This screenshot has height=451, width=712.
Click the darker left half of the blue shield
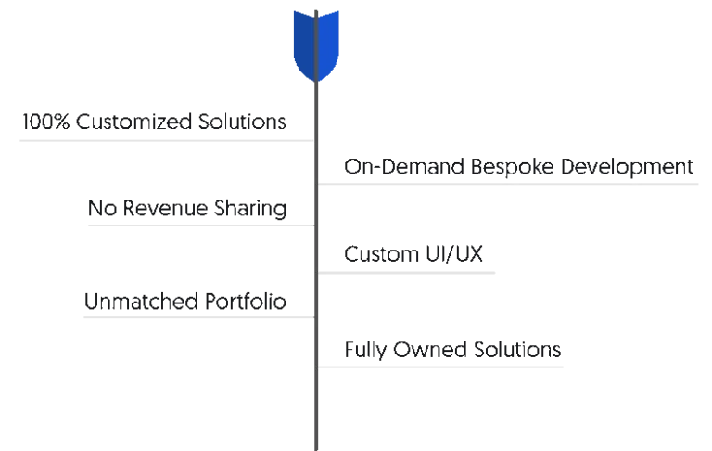pyautogui.click(x=302, y=42)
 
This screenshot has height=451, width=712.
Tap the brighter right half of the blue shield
pyautogui.click(x=328, y=42)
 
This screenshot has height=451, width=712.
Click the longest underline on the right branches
pyautogui.click(x=511, y=182)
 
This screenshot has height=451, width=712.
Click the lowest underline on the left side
pyautogui.click(x=197, y=316)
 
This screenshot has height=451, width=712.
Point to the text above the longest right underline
pyautogui.click(x=518, y=166)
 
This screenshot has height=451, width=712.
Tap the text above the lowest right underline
pyautogui.click(x=451, y=352)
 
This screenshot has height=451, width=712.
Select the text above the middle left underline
pyautogui.click(x=187, y=210)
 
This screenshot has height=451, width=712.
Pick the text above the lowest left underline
pyautogui.click(x=183, y=301)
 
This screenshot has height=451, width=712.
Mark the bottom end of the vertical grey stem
pyautogui.click(x=315, y=447)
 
